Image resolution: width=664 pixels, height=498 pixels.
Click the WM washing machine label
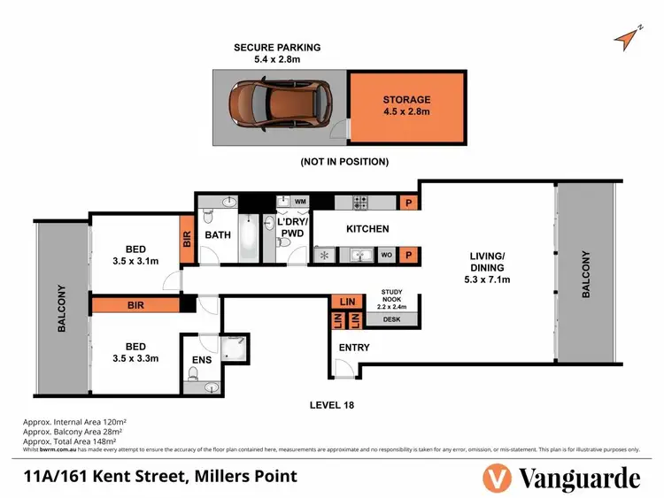[300, 202]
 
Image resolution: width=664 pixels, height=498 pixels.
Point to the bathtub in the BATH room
[250, 236]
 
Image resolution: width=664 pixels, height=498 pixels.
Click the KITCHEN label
[367, 229]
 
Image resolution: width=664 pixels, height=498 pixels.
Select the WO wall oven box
[386, 256]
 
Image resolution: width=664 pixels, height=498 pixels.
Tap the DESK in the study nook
[390, 318]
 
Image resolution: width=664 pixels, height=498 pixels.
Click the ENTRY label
[354, 348]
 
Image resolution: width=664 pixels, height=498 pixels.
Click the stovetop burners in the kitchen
[361, 202]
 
